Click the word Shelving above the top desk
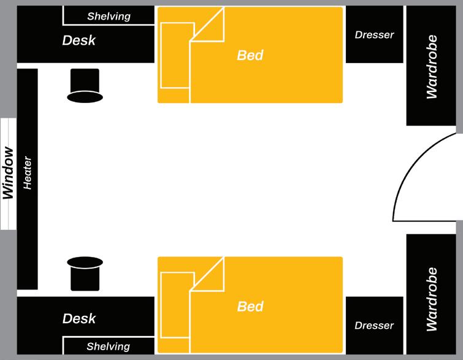point(109,16)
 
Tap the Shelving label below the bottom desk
point(109,347)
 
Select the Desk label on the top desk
point(79,41)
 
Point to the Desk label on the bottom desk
point(79,319)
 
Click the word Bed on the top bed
point(250,55)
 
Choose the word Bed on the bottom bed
point(250,306)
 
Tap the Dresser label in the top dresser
point(374,35)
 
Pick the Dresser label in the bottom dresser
point(374,326)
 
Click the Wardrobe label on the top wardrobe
point(432,67)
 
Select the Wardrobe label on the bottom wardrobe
point(432,299)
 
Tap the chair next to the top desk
point(84,85)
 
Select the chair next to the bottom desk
point(84,273)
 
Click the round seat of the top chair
point(84,96)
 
